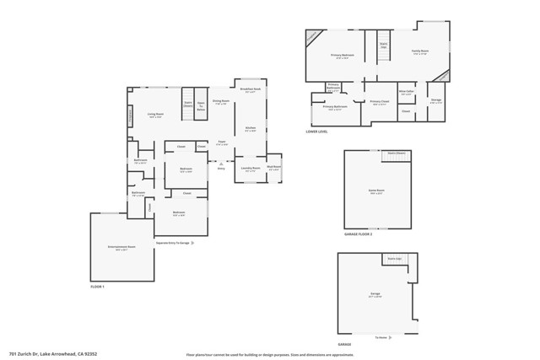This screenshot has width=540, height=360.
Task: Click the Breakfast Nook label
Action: [x=250, y=89]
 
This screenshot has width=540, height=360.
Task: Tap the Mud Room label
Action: [x=274, y=168]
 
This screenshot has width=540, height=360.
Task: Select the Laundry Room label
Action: [x=250, y=169]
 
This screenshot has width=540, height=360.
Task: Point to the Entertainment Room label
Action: [x=121, y=248]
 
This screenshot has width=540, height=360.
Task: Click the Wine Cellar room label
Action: [x=407, y=92]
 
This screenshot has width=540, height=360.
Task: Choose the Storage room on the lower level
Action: [x=435, y=100]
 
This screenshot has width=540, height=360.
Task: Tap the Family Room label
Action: [x=419, y=52]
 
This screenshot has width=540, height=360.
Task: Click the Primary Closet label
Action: [x=380, y=103]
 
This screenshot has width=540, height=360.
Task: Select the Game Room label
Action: [x=376, y=191]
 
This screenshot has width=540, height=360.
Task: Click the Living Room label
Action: [x=155, y=115]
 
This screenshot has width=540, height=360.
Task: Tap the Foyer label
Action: [x=221, y=142]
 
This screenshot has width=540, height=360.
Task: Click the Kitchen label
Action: [x=251, y=129]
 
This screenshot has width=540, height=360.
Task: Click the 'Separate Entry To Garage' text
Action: [x=172, y=243]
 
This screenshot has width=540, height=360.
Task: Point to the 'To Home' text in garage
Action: [x=382, y=336]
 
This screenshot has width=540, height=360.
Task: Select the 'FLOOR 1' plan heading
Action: [x=97, y=287]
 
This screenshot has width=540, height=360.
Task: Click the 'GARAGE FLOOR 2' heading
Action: [x=358, y=234]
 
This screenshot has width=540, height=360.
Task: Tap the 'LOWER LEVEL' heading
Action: [x=317, y=132]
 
